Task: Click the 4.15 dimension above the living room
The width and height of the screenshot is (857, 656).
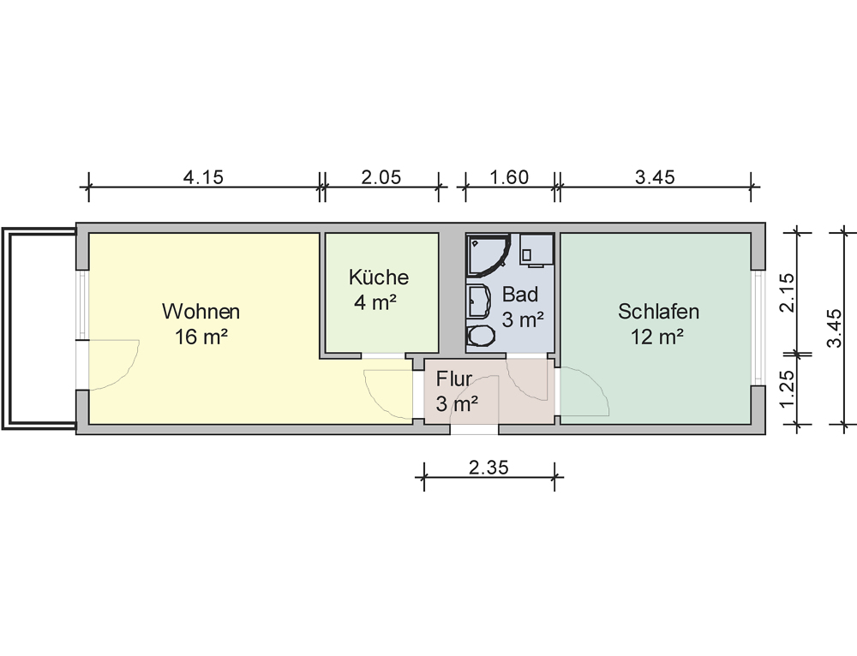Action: [x=203, y=177]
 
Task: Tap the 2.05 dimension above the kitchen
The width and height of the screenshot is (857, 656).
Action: [x=381, y=177]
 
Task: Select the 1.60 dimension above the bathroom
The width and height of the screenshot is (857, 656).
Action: [x=509, y=177]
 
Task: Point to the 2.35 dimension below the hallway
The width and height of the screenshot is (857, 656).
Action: [x=488, y=467]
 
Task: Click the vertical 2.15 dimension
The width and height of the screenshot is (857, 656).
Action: [x=787, y=292]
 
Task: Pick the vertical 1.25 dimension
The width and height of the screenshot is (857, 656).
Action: [x=787, y=389]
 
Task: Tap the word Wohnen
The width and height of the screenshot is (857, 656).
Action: [x=201, y=312]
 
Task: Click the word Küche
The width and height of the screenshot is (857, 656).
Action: [x=379, y=277]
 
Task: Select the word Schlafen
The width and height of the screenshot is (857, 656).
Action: [x=658, y=312]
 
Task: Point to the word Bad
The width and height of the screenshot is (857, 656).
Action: [x=520, y=295]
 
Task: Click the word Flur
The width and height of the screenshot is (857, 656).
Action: [x=453, y=379]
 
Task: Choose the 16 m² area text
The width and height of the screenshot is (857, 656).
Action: [x=201, y=337]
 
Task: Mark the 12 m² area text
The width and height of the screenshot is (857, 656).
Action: [x=657, y=337]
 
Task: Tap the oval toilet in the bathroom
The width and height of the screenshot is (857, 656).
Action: [x=481, y=336]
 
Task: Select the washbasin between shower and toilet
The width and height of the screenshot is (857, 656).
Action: [x=480, y=301]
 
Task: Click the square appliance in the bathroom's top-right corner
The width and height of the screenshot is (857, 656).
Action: [x=536, y=249]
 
